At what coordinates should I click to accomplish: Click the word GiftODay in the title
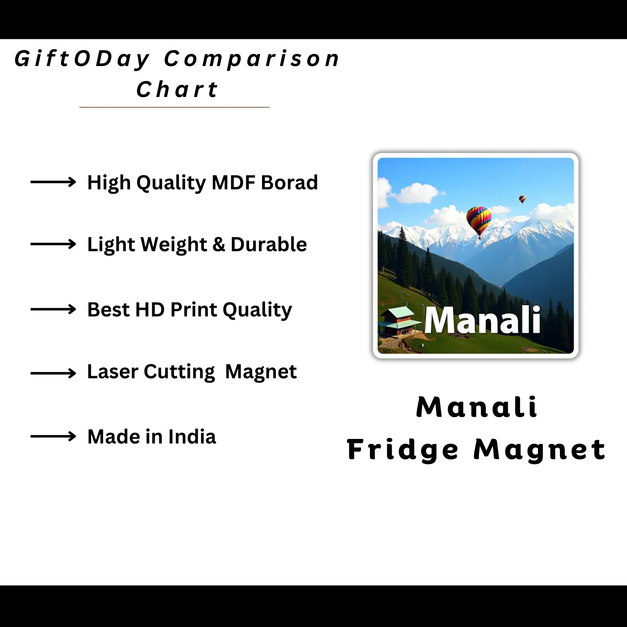point(82,59)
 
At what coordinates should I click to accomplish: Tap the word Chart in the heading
point(177,89)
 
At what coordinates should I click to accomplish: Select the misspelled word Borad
point(289,182)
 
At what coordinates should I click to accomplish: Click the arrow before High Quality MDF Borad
point(53,182)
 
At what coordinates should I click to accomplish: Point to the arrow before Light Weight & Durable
point(53,244)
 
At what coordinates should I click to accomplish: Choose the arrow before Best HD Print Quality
point(53,309)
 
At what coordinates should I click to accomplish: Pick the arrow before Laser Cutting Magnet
point(53,373)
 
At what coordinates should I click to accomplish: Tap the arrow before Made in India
point(53,436)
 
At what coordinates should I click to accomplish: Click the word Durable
point(269,244)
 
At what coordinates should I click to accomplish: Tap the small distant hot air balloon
point(522,199)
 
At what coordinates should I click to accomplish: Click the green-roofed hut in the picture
point(400,321)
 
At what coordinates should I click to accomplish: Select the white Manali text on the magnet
point(483,320)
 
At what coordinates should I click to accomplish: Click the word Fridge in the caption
point(403,450)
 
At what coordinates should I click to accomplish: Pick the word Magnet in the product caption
point(539,450)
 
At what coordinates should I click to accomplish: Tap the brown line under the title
point(175,107)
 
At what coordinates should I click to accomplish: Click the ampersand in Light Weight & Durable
point(219,244)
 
